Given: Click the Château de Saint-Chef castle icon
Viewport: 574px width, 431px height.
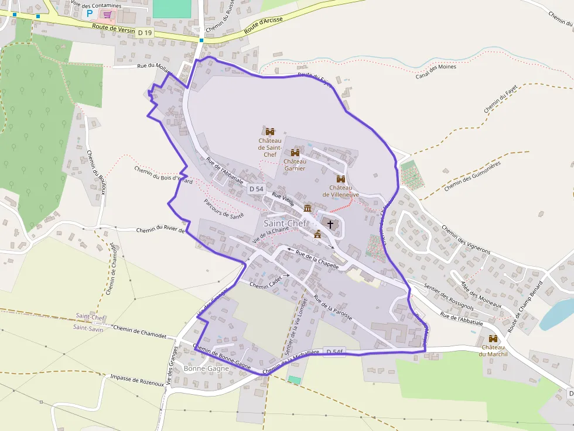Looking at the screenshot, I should (x=270, y=132).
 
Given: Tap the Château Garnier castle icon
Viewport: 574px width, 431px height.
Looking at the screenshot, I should (x=295, y=152).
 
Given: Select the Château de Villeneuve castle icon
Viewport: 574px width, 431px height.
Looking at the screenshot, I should (x=340, y=179).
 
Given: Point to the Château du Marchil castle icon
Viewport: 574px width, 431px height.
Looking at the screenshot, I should (x=493, y=339).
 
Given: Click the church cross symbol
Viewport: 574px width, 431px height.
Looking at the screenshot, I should (x=330, y=224).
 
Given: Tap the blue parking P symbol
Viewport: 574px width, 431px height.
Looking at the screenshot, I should (x=90, y=13).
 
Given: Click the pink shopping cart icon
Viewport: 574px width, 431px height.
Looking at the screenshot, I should (x=107, y=13).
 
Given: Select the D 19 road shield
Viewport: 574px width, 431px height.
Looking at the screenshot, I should (x=145, y=33).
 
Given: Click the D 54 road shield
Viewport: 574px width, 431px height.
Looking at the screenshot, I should (x=256, y=189).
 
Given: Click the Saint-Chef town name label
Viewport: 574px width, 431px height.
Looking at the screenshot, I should (x=285, y=223).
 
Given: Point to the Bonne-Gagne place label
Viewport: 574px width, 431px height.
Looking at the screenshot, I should (x=206, y=368).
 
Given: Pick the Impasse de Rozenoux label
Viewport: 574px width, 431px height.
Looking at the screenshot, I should (x=136, y=381).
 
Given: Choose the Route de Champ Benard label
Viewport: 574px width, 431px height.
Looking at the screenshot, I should (x=525, y=299).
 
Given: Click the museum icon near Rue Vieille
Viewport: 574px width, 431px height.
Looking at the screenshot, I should (x=307, y=208).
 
